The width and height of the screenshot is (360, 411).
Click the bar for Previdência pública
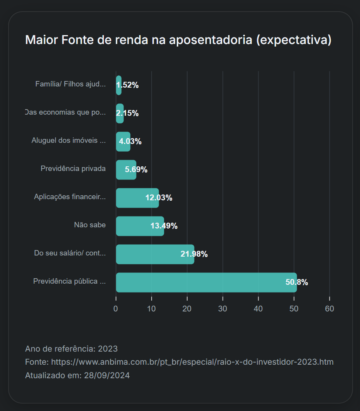coord(206,282)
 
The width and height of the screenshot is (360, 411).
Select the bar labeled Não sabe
coord(140,226)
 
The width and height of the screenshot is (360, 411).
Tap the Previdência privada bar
coord(126,170)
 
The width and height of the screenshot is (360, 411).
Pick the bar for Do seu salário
coord(155,254)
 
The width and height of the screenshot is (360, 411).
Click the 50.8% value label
coord(296,282)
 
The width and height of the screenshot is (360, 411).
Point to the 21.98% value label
coord(194,254)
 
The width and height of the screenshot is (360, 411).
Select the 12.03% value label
coord(159,198)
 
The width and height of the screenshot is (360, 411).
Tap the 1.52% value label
coord(127,85)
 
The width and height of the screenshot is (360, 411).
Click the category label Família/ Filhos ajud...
coord(70,84)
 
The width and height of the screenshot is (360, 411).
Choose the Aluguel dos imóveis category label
coord(68,140)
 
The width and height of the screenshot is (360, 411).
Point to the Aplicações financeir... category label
coord(70,197)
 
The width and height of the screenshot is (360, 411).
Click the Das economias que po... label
coord(66,112)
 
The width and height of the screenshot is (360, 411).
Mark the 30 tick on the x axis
coord(223,309)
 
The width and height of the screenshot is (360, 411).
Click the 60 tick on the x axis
coord(330,309)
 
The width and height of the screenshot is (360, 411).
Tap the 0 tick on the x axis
coord(116,309)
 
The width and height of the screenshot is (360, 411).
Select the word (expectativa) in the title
coord(294,40)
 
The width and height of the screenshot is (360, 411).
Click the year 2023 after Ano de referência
coord(108,349)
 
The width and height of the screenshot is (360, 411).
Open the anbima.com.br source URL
coord(192,362)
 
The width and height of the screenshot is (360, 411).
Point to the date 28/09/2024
coord(107,375)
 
